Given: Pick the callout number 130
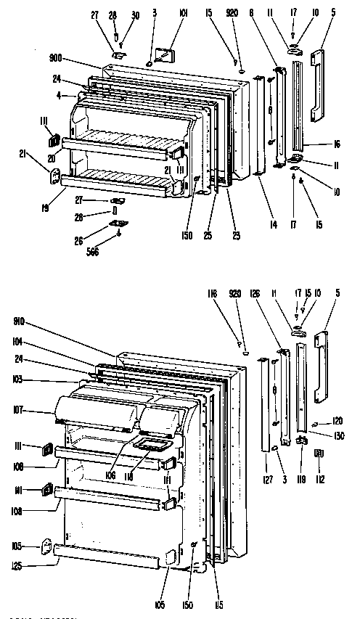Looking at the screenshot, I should tap(339, 435).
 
